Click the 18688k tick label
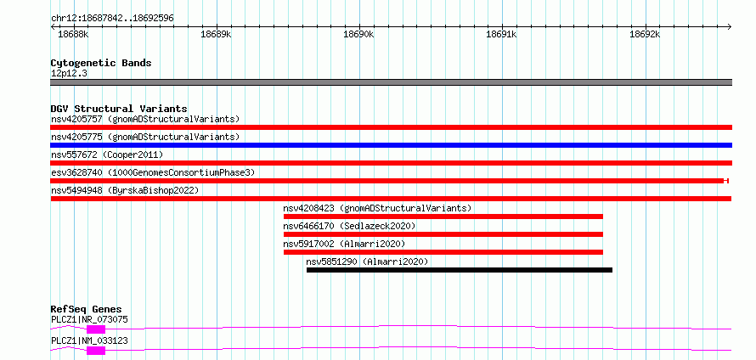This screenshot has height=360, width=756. click(73, 34)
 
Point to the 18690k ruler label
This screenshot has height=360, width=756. click(358, 34)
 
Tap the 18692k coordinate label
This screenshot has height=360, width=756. click(645, 34)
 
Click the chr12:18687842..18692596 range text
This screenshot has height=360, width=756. click(112, 19)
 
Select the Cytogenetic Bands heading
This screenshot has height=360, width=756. click(101, 63)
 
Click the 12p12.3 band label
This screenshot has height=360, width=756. click(69, 74)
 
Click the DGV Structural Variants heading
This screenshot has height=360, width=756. click(119, 109)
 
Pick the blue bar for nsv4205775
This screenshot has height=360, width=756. click(391, 145)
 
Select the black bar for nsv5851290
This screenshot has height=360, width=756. click(460, 270)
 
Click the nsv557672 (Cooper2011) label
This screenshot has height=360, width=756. click(107, 155)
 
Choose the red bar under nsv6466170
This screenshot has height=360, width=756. click(443, 234)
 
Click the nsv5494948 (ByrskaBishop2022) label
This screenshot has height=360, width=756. click(125, 190)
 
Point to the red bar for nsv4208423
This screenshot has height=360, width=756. click(443, 217)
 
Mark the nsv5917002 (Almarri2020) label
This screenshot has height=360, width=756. click(344, 244)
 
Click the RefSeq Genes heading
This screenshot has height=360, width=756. click(87, 309)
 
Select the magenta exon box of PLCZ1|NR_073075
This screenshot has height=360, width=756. click(96, 329)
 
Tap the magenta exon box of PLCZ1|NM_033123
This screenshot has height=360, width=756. click(96, 351)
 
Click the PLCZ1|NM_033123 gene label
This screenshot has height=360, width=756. click(89, 340)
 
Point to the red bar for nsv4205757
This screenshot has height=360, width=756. click(391, 127)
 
